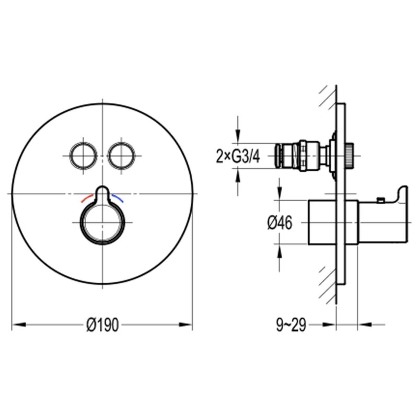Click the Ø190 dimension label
point(102,325)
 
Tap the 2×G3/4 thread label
point(238,156)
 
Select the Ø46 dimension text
point(280,223)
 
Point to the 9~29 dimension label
point(291,325)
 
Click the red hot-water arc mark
point(87,198)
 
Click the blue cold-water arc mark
point(118,198)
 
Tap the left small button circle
point(84,156)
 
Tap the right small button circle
point(121,156)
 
